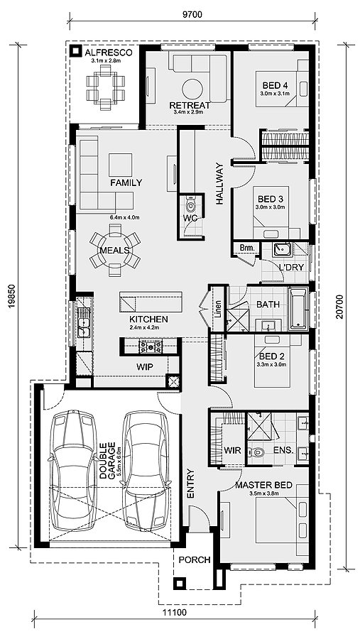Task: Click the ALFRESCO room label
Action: tap(108, 52)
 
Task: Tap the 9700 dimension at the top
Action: tap(192, 15)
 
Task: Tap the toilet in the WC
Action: tap(190, 202)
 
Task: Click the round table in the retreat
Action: tap(192, 89)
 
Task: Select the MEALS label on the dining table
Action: tap(114, 250)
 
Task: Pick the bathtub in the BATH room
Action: tap(298, 309)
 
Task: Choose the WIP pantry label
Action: tap(145, 367)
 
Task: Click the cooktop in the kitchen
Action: tap(150, 346)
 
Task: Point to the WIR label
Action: tap(232, 451)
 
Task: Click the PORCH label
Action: tap(195, 560)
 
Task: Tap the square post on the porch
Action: tap(179, 583)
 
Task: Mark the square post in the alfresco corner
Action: tap(75, 51)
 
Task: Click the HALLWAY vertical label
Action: tap(219, 184)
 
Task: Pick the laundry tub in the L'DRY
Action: tap(282, 249)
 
